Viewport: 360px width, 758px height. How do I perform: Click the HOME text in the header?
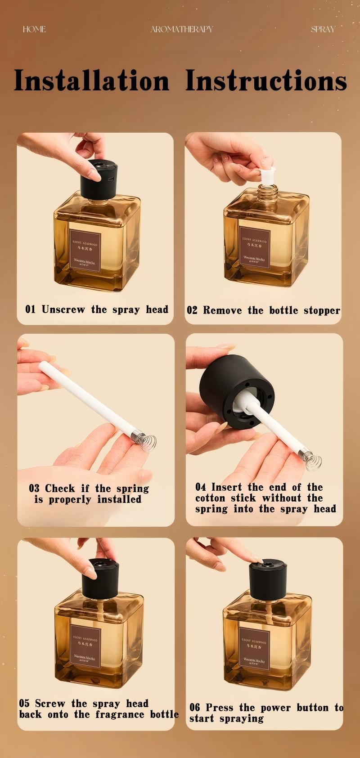click(x=34, y=29)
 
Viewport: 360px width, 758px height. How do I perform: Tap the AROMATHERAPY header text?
click(x=181, y=29)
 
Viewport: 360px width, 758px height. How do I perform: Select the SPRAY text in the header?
click(x=323, y=29)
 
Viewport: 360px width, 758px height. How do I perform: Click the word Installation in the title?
click(x=91, y=81)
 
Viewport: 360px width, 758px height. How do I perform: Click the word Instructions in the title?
click(x=266, y=81)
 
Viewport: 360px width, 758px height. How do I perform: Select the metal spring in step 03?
click(x=147, y=440)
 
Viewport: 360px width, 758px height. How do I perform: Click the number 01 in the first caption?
click(x=30, y=309)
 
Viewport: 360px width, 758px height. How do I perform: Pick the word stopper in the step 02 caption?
click(x=322, y=310)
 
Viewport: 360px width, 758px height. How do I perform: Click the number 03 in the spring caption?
click(x=34, y=489)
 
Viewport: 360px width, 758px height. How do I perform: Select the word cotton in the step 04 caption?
click(x=210, y=498)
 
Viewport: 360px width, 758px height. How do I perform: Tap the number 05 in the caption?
click(x=24, y=704)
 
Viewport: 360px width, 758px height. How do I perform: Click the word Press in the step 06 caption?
click(x=220, y=708)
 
